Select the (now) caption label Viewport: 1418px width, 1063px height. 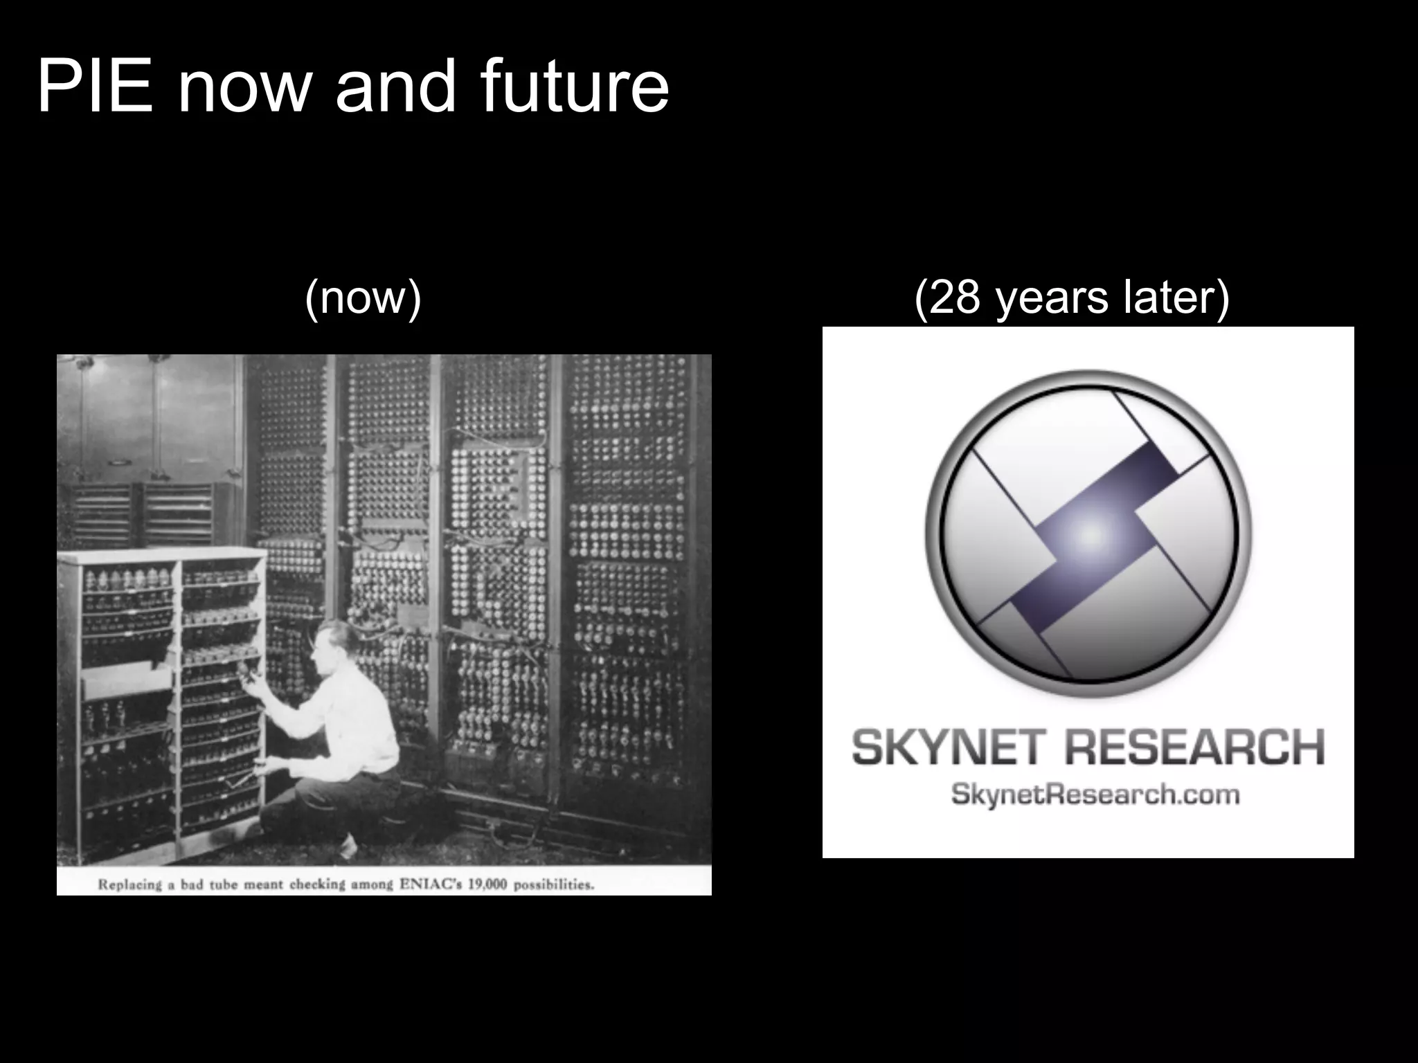click(x=363, y=298)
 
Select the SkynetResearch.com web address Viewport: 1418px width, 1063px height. click(x=1095, y=794)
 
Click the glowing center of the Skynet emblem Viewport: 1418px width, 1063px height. click(x=1091, y=534)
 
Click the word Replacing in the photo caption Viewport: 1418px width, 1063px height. click(x=129, y=884)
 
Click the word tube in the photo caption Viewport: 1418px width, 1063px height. click(x=223, y=884)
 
